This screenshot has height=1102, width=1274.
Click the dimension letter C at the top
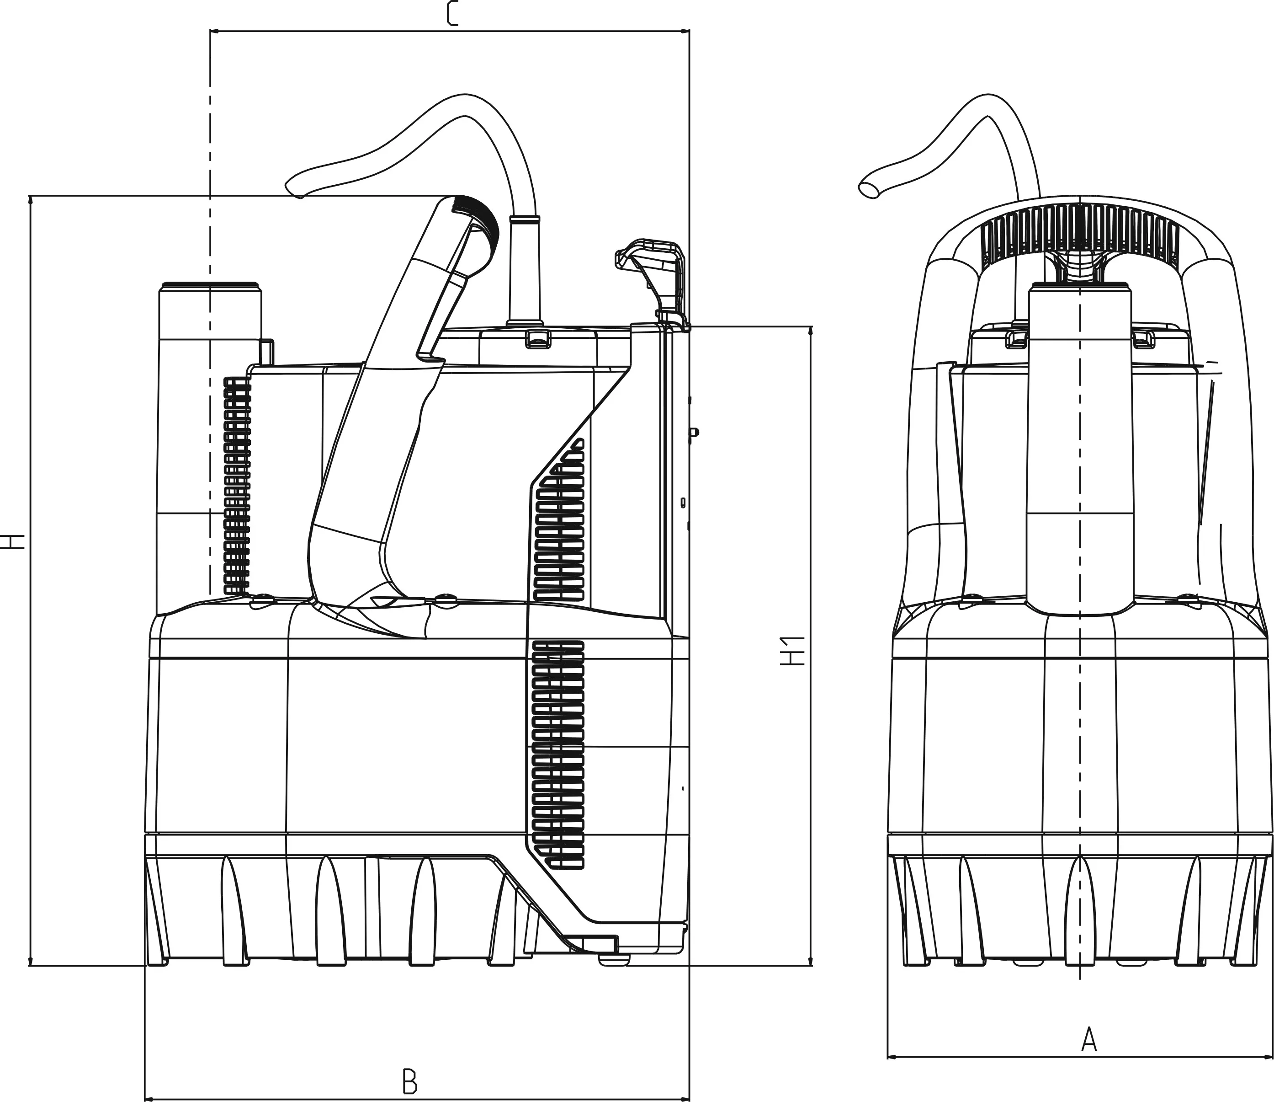(x=452, y=14)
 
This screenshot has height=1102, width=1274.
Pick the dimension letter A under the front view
(x=1088, y=1040)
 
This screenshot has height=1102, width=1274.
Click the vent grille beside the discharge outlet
(x=237, y=486)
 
